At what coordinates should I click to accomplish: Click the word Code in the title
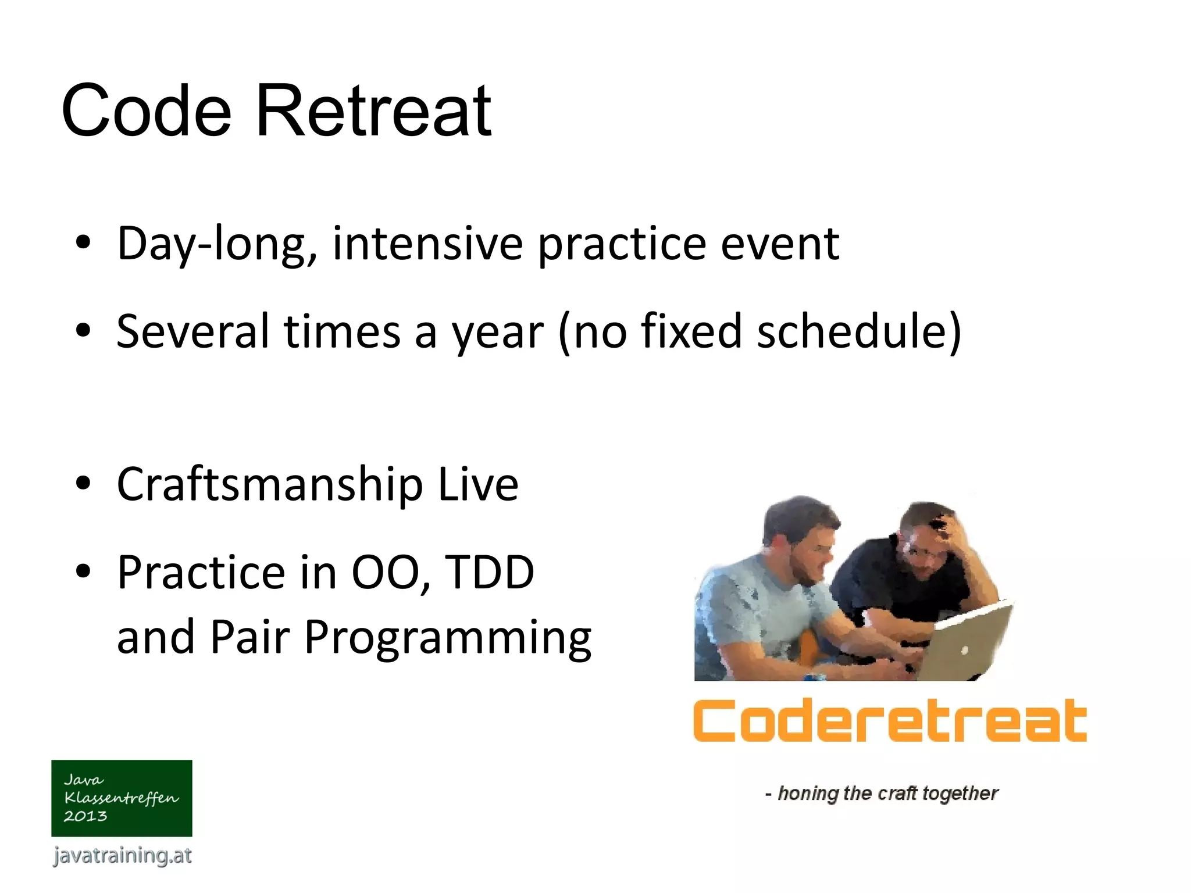(x=147, y=110)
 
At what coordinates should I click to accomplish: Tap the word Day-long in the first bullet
(x=217, y=244)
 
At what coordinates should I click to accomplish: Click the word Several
(x=192, y=331)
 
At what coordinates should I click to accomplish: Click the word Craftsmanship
(x=269, y=485)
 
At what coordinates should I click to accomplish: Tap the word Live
(x=477, y=485)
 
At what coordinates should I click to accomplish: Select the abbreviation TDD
(x=489, y=573)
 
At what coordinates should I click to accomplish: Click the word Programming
(x=447, y=638)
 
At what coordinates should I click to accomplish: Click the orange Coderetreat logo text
(x=890, y=721)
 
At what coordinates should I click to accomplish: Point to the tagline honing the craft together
(x=882, y=793)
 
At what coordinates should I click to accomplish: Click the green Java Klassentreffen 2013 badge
(x=122, y=798)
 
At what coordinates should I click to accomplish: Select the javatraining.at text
(x=122, y=855)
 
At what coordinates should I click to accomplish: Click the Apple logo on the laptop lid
(x=964, y=650)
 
